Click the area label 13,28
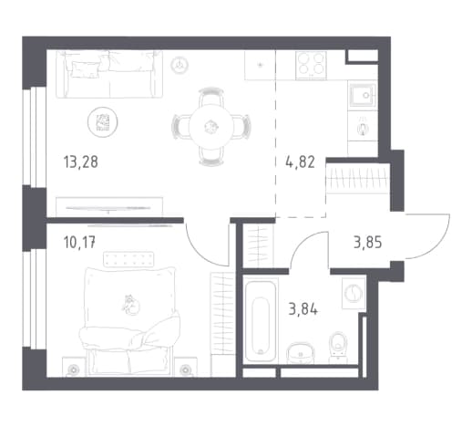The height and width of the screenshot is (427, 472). pyautogui.click(x=81, y=162)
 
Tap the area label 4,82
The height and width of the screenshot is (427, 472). pyautogui.click(x=300, y=162)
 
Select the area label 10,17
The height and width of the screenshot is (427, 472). pyautogui.click(x=80, y=243)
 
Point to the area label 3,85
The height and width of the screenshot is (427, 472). pyautogui.click(x=368, y=243)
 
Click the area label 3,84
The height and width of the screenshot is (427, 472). pyautogui.click(x=303, y=310)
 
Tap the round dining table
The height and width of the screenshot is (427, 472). pyautogui.click(x=211, y=127)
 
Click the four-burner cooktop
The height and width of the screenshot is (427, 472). pyautogui.click(x=311, y=65)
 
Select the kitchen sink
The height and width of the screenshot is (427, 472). pyautogui.click(x=363, y=96)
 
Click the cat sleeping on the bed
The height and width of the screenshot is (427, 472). pyautogui.click(x=131, y=305)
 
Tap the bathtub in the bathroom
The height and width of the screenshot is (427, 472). pyautogui.click(x=261, y=321)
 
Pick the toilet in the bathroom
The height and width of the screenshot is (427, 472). pyautogui.click(x=339, y=347)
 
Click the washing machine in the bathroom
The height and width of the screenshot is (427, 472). pyautogui.click(x=354, y=294)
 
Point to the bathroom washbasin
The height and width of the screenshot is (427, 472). pyautogui.click(x=301, y=353)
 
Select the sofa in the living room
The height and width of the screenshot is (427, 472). pyautogui.click(x=109, y=74)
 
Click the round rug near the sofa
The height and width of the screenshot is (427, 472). pyautogui.click(x=103, y=122)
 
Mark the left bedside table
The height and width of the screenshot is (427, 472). pyautogui.click(x=73, y=367)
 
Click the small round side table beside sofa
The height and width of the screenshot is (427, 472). pyautogui.click(x=180, y=65)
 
